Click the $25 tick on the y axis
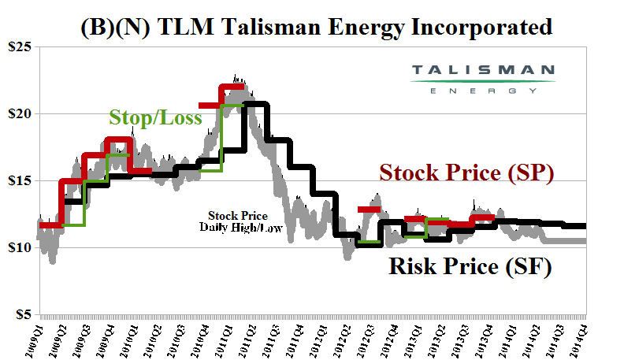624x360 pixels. click(19, 47)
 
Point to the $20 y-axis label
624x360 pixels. click(19, 113)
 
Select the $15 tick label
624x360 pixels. click(19, 180)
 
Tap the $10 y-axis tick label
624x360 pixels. click(19, 247)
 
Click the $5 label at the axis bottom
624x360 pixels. click(22, 314)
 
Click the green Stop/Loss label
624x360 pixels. click(155, 118)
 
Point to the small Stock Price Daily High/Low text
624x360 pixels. click(237, 221)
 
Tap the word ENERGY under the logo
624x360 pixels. click(484, 91)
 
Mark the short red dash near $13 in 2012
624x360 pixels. click(369, 209)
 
